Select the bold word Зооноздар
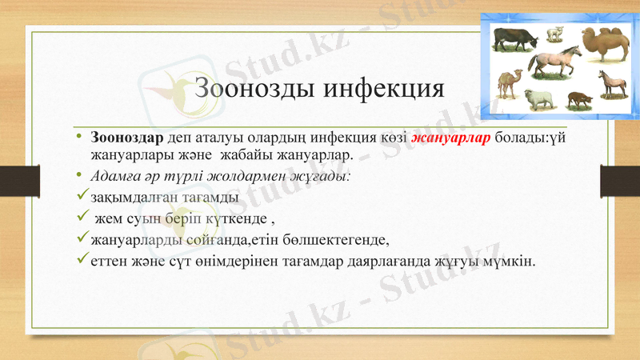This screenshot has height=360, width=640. [127, 138]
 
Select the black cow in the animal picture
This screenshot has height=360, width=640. [515, 37]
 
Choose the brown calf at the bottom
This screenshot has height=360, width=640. [578, 100]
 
